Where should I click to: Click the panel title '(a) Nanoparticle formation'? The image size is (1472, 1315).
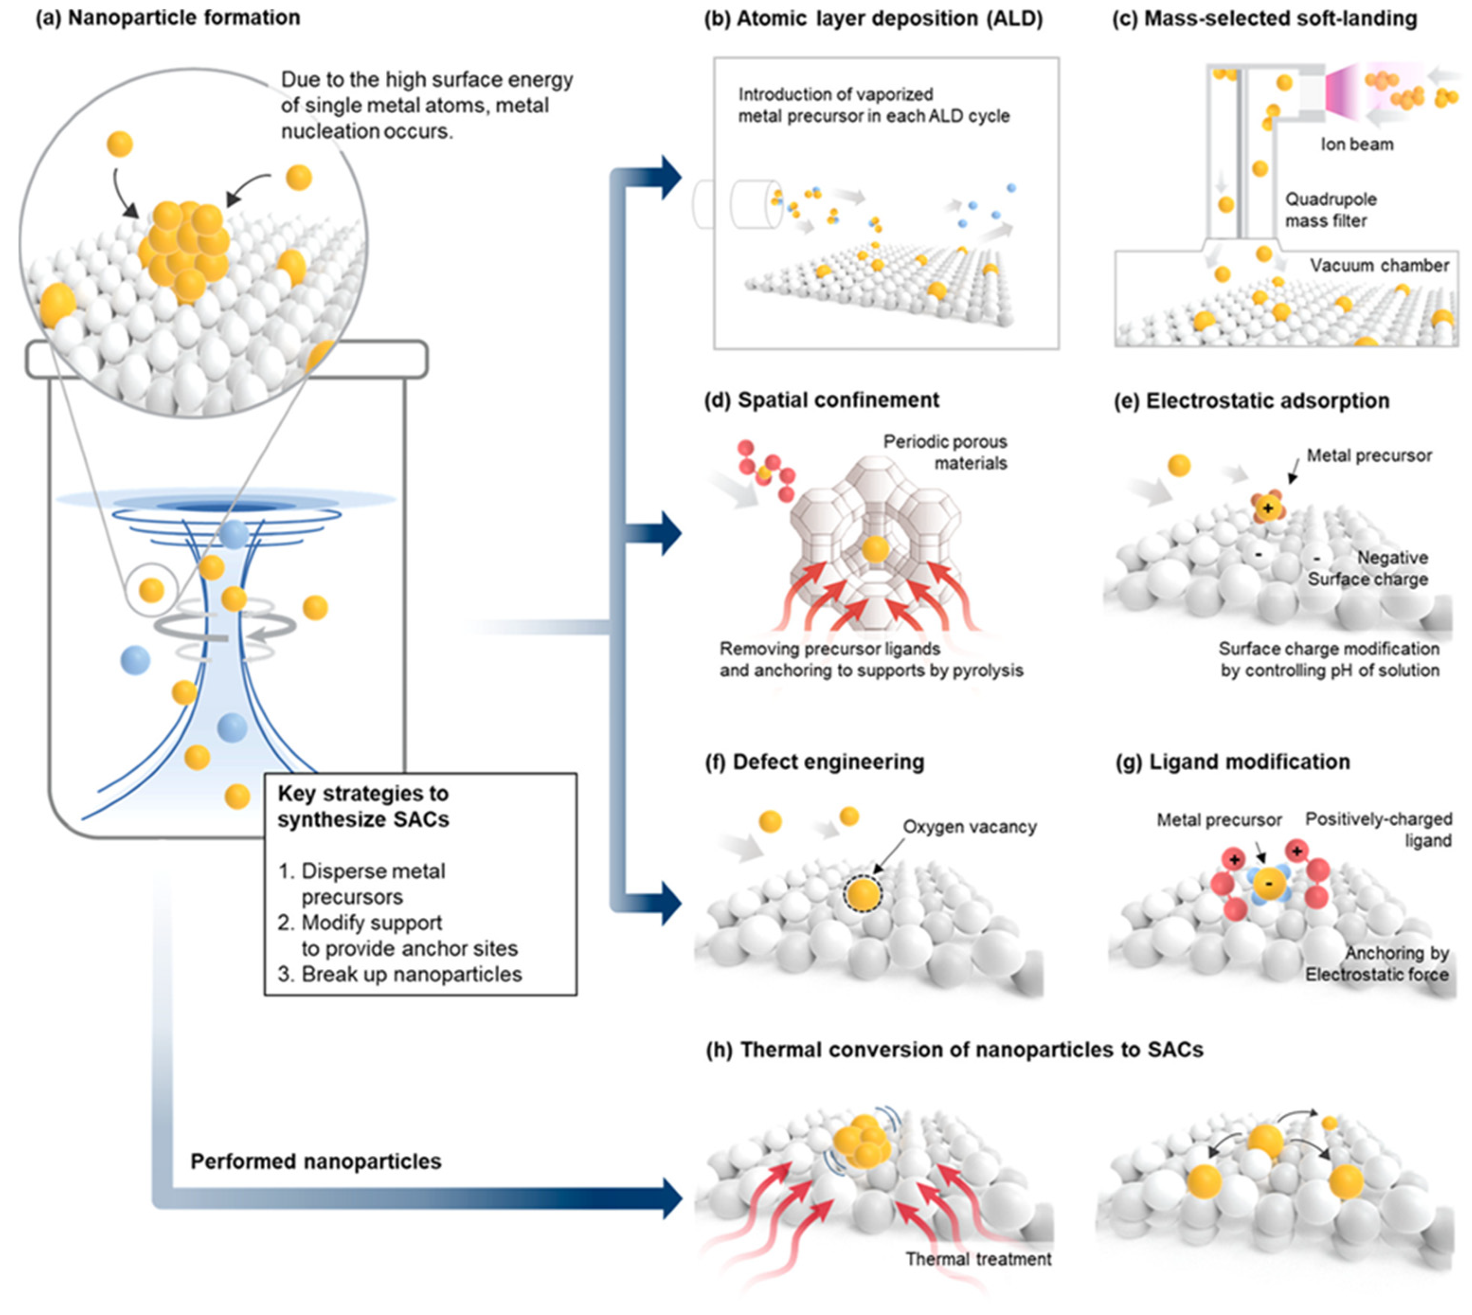(168, 18)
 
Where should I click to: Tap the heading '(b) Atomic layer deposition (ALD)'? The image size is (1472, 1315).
(873, 19)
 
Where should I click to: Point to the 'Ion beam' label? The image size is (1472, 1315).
(1356, 145)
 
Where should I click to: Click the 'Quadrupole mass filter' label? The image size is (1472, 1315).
(1330, 209)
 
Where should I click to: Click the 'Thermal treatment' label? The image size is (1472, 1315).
(978, 1260)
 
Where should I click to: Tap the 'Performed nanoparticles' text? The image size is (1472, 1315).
(315, 1161)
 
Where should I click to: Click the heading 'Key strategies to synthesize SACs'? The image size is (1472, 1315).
(363, 807)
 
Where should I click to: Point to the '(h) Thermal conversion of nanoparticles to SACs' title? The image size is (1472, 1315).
(953, 1050)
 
